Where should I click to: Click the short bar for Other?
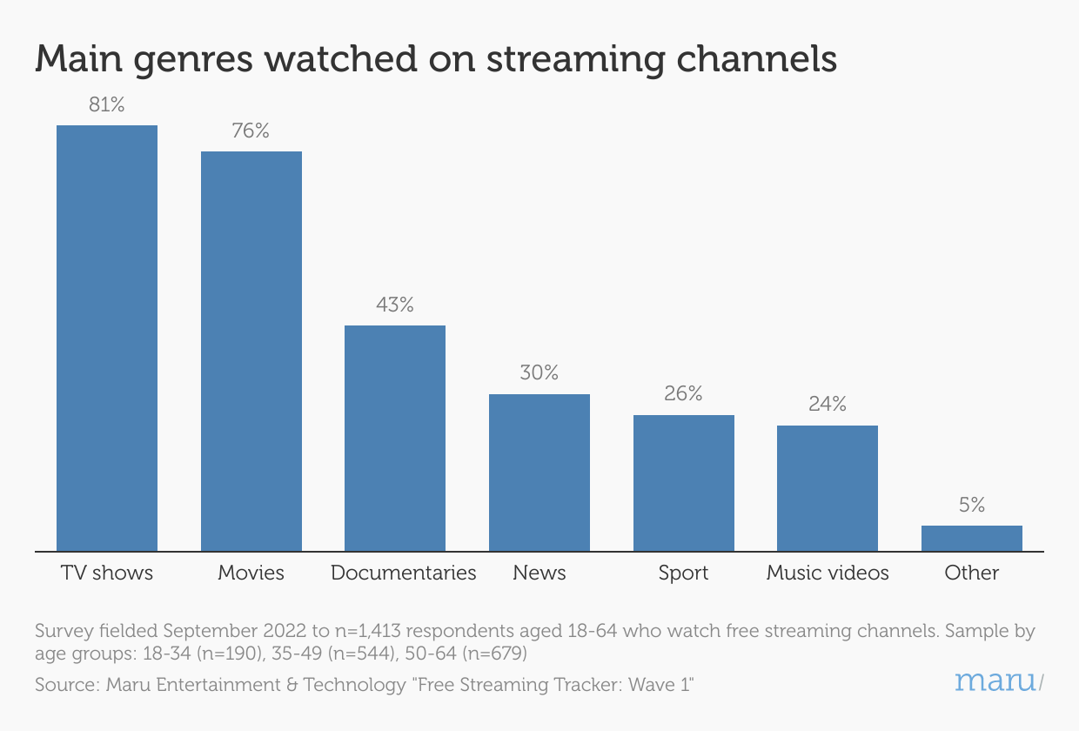pyautogui.click(x=971, y=539)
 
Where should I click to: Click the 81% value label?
pyautogui.click(x=107, y=105)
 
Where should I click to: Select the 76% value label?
pyautogui.click(x=251, y=131)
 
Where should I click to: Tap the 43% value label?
pyautogui.click(x=395, y=305)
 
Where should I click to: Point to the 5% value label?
pyautogui.click(x=972, y=505)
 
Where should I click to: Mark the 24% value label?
pyautogui.click(x=828, y=405)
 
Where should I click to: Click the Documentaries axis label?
pyautogui.click(x=404, y=573)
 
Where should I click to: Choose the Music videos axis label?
pyautogui.click(x=828, y=573)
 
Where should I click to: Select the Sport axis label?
pyautogui.click(x=683, y=573)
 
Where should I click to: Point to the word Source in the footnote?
pyautogui.click(x=64, y=685)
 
